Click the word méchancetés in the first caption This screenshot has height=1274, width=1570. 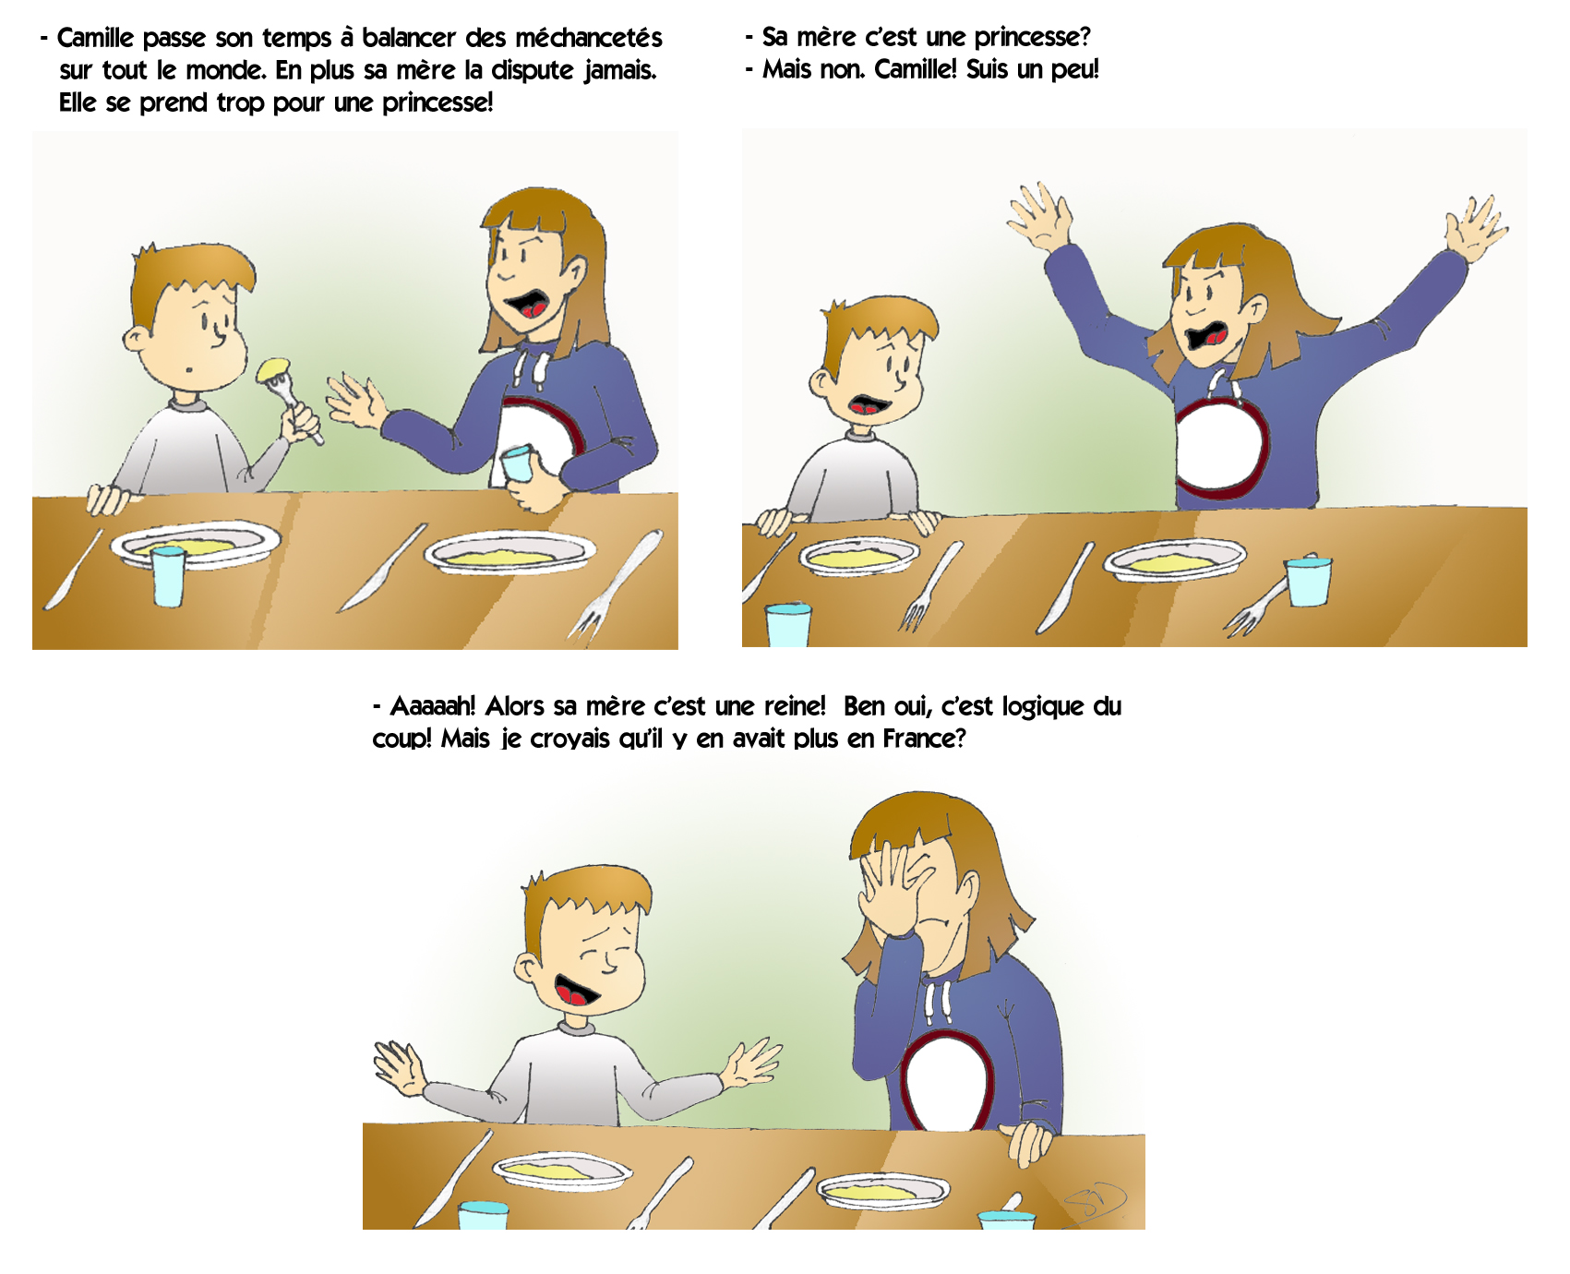click(x=588, y=38)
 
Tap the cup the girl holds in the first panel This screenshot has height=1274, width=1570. click(x=518, y=463)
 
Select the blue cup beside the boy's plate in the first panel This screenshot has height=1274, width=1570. click(x=168, y=576)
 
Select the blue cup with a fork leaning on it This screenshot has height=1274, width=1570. click(x=1309, y=581)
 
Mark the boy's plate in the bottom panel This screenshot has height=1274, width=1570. click(x=563, y=1171)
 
